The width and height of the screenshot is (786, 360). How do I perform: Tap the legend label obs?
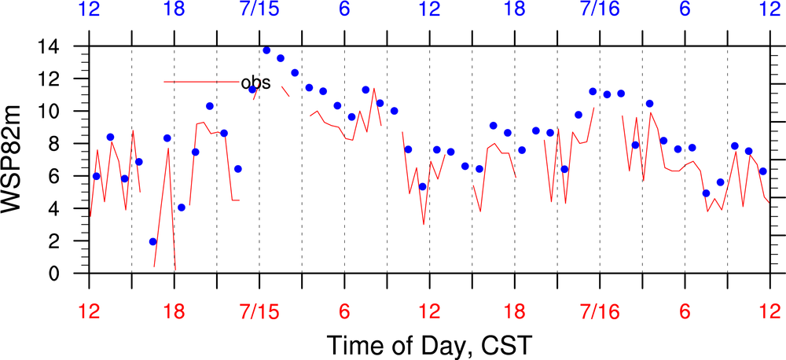pos(256,82)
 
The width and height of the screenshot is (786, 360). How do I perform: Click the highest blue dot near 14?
pos(266,50)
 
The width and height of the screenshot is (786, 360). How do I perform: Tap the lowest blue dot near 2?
pos(152,241)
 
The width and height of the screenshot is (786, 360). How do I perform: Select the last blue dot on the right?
pos(762,171)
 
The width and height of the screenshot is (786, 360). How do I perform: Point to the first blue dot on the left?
pos(96,176)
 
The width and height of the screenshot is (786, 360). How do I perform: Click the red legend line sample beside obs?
pos(200,82)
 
